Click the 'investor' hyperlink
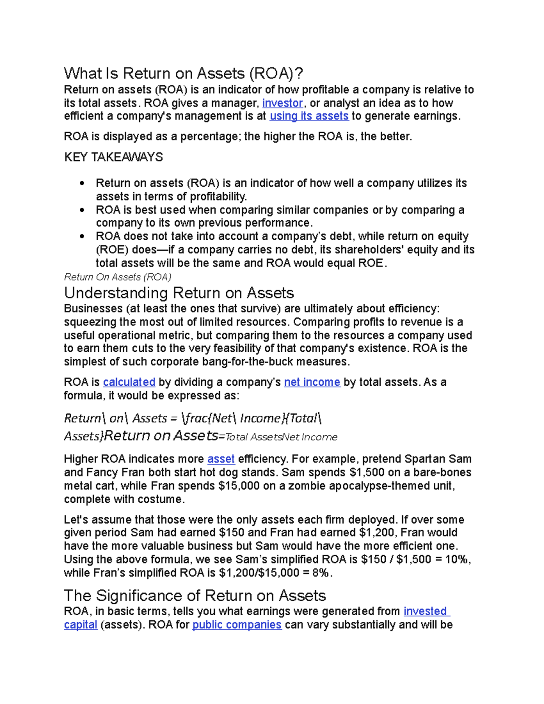pos(282,103)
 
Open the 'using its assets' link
pos(309,116)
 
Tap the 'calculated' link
pos(129,382)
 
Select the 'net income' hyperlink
pos(312,382)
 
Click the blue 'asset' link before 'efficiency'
pos(221,459)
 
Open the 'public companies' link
pos(237,625)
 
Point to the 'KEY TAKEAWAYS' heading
pos(113,157)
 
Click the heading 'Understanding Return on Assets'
pos(179,293)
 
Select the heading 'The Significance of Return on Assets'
pos(195,595)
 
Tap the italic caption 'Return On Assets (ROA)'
pos(117,277)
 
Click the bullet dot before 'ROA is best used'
pos(82,210)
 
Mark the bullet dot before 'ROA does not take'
pos(82,237)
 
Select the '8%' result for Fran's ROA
pos(321,573)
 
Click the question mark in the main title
pos(298,73)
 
